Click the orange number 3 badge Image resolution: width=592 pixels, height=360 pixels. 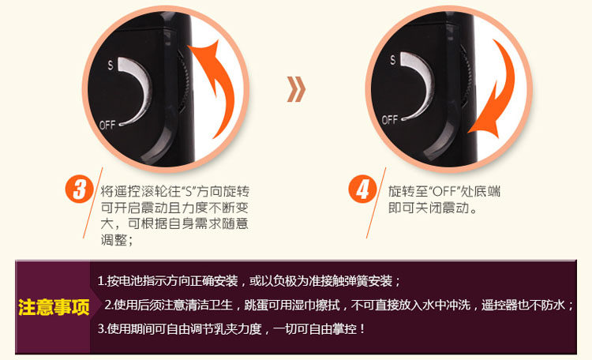(x=79, y=189)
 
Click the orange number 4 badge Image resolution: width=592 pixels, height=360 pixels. (x=362, y=189)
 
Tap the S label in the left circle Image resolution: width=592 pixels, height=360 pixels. (x=111, y=65)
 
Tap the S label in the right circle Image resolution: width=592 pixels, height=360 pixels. (x=393, y=60)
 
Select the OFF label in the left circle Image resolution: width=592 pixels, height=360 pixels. (x=107, y=125)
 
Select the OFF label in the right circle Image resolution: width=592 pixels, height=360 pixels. (x=390, y=120)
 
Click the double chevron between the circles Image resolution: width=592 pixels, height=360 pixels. (x=296, y=89)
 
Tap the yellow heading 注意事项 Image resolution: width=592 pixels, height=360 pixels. (x=54, y=307)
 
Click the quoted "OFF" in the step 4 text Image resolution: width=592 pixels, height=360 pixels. (x=444, y=191)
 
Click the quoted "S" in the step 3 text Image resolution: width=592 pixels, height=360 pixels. (x=189, y=191)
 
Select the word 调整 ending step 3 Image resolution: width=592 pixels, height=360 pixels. (x=114, y=239)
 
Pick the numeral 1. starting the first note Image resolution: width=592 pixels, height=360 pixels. (x=102, y=281)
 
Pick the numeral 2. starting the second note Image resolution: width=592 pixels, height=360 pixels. (x=109, y=305)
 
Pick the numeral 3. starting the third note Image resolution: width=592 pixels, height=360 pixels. (x=102, y=328)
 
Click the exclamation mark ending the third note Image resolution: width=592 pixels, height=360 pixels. (x=362, y=328)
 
